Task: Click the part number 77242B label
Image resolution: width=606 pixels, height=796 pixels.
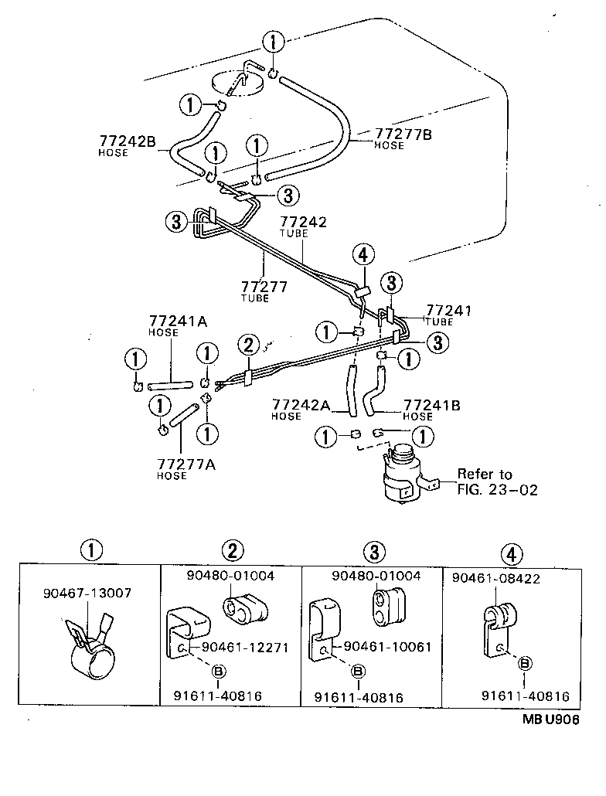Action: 128,141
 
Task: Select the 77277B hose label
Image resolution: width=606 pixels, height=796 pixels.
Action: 403,134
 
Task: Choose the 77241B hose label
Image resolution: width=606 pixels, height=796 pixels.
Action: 433,404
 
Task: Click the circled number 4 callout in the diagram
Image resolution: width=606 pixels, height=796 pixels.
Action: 364,253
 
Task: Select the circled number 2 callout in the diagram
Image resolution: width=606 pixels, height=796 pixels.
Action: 248,344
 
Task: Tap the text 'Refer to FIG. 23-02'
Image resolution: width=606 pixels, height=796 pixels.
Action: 495,481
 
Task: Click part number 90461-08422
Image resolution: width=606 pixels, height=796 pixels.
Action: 496,577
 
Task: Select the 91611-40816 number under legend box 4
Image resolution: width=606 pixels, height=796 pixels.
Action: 526,696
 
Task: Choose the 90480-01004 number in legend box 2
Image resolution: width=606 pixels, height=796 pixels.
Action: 230,576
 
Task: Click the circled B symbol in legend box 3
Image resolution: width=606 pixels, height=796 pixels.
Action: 358,671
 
